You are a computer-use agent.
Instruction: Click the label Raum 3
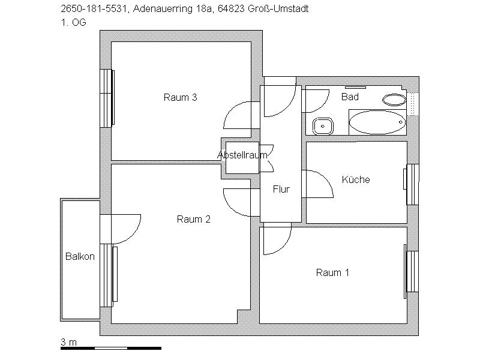click(181, 98)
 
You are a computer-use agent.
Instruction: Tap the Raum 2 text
click(193, 220)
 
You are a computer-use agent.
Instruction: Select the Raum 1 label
click(332, 273)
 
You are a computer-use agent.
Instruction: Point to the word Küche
click(356, 179)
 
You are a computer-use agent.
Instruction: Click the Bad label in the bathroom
click(350, 97)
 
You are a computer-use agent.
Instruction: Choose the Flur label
click(281, 190)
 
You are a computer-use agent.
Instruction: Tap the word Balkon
click(80, 257)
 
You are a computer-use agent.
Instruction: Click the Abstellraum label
click(242, 155)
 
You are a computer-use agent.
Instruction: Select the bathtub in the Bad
click(377, 122)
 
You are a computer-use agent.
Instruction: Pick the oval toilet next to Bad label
click(394, 100)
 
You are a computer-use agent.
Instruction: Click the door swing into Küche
click(318, 184)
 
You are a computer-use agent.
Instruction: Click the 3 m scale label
click(68, 342)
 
